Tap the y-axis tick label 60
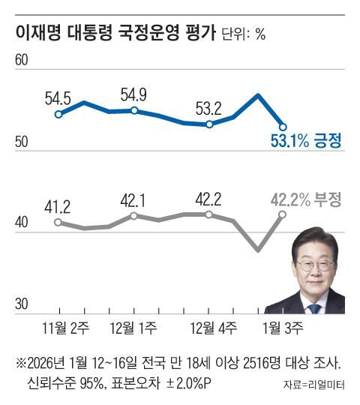coord(22,61)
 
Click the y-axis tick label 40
coord(22,223)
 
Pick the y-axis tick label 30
coord(22,304)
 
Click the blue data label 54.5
coord(58,97)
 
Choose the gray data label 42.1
coord(133,199)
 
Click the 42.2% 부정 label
coord(306,199)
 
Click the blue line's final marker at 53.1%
coord(283,126)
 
